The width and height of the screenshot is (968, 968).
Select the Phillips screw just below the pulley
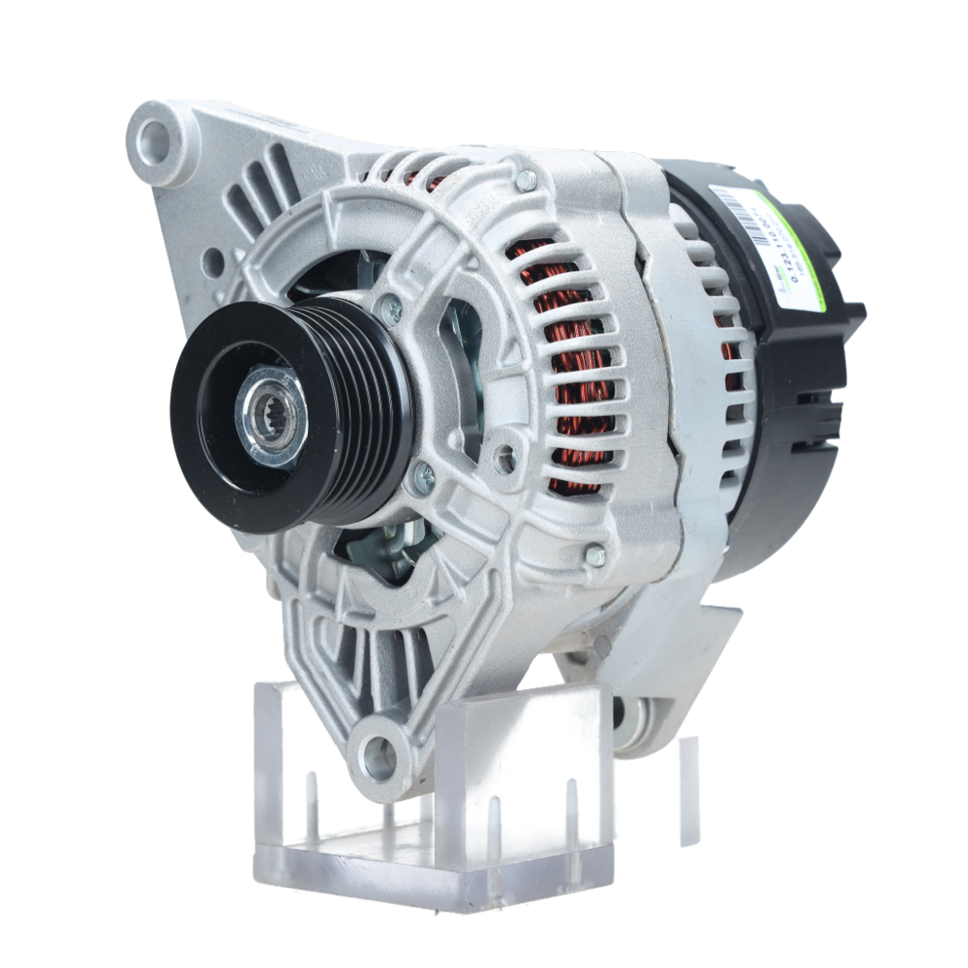(x=423, y=475)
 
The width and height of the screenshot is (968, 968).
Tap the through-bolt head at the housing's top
(x=525, y=180)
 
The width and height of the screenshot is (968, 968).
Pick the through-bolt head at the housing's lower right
(x=595, y=555)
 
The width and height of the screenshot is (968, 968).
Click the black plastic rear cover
(x=784, y=436)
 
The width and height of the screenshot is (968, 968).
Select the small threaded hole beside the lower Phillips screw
(x=504, y=459)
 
